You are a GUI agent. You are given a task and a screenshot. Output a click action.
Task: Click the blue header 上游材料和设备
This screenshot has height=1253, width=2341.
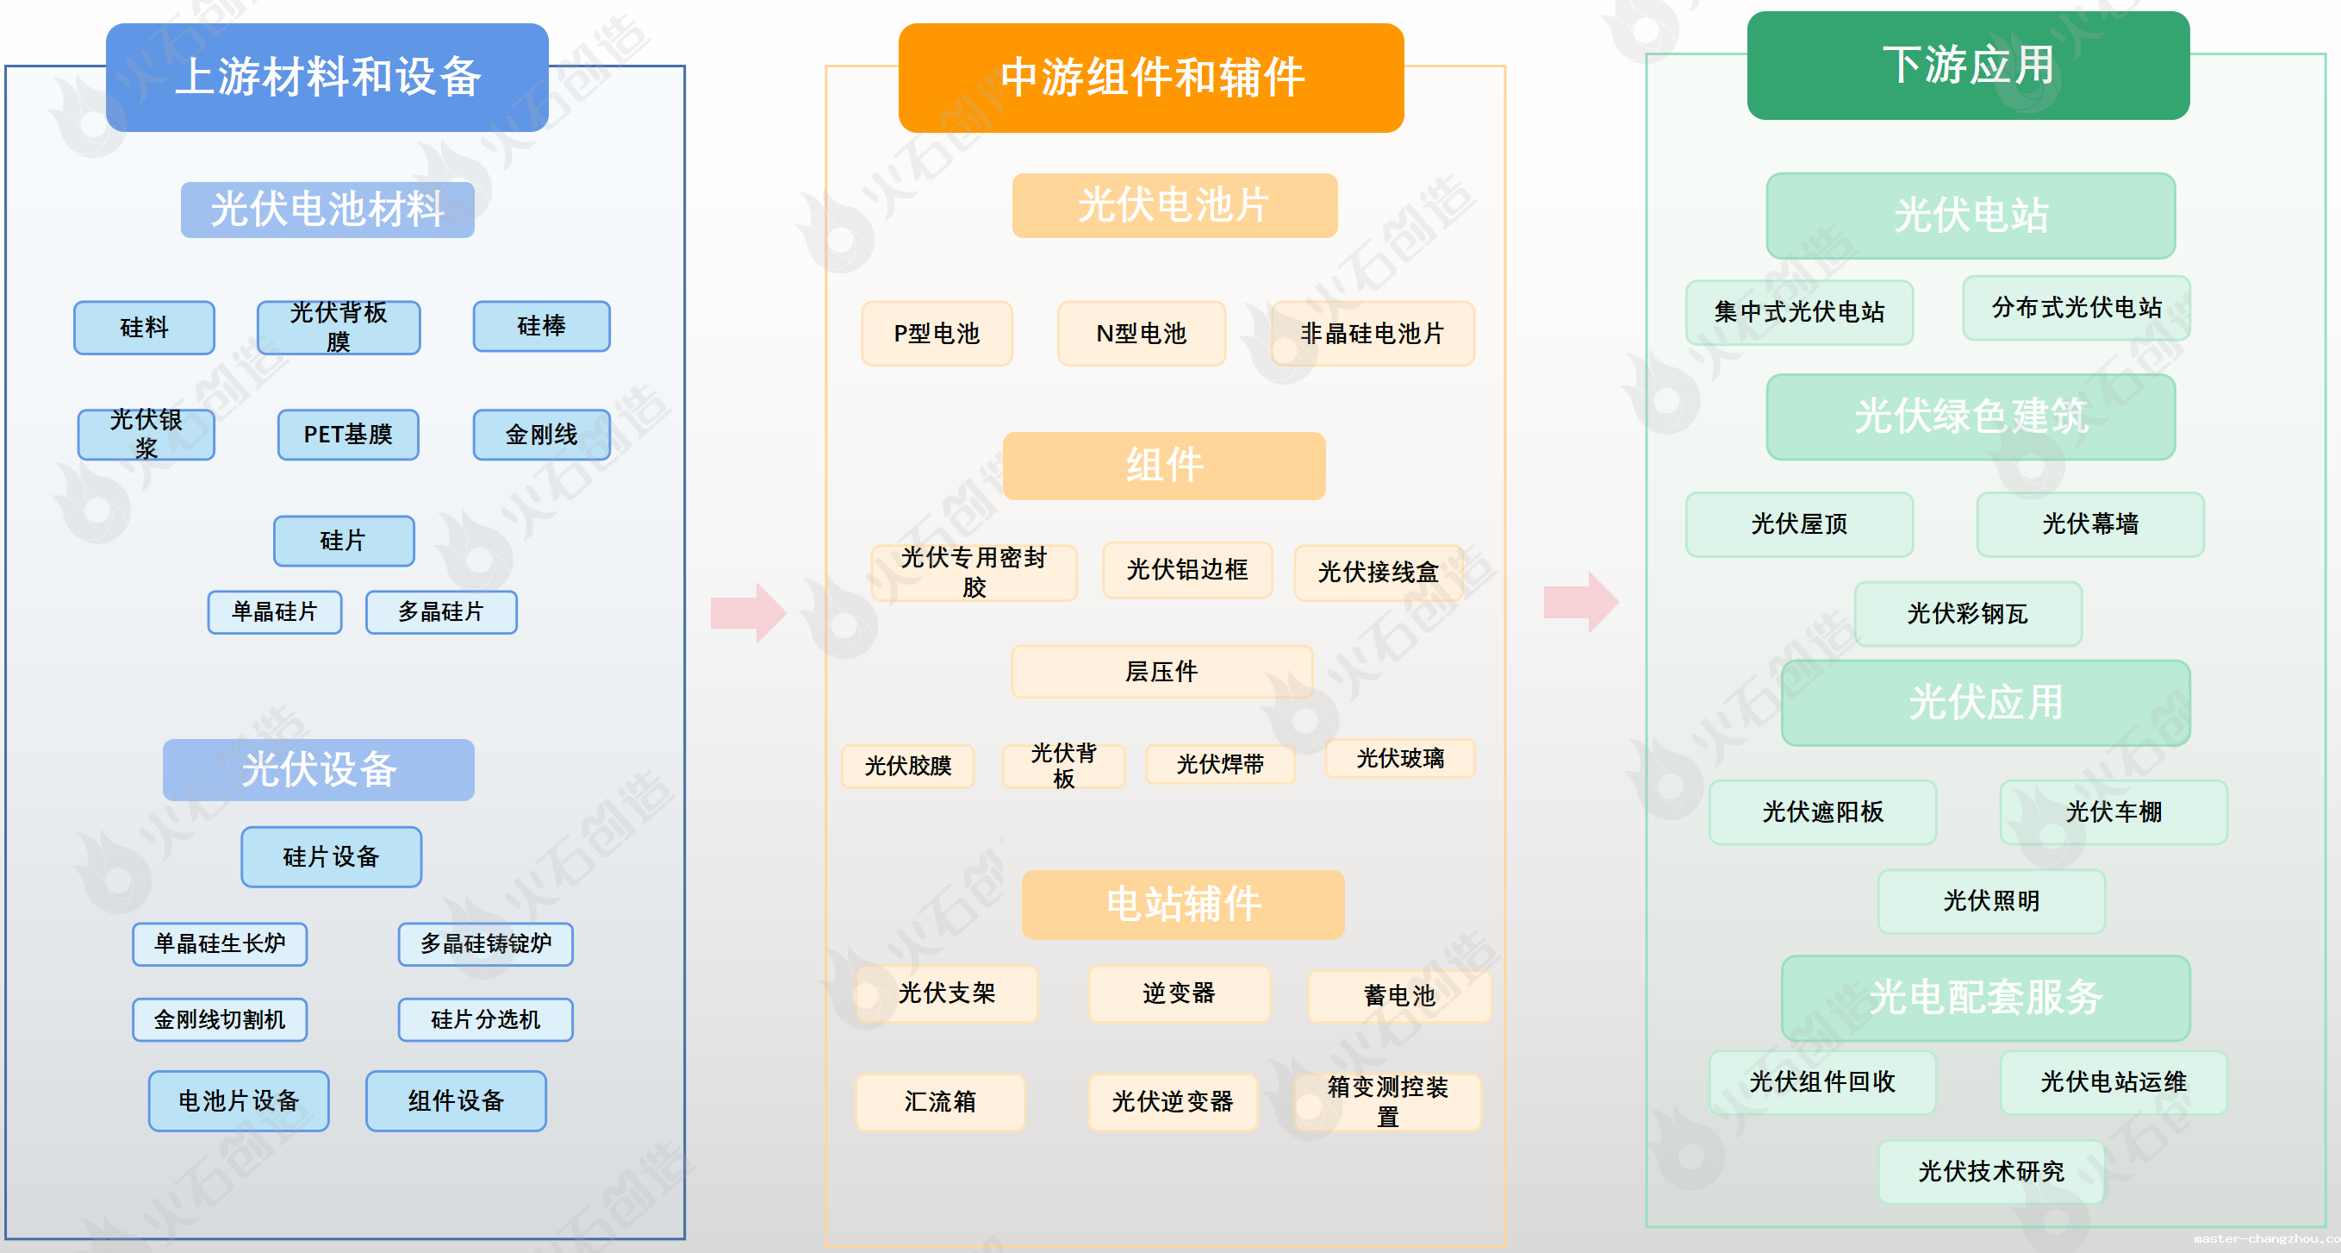tap(327, 78)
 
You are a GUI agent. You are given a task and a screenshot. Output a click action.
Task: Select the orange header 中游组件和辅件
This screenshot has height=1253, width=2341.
tap(1151, 78)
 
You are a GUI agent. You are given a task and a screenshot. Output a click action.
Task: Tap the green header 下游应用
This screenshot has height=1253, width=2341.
tap(1969, 66)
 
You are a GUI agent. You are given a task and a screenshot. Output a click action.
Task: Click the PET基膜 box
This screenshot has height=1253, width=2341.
tap(348, 435)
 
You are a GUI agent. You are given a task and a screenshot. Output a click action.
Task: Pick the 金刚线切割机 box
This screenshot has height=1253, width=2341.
tap(220, 1019)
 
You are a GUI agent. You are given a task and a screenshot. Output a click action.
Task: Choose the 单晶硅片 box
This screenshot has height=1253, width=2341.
tap(275, 612)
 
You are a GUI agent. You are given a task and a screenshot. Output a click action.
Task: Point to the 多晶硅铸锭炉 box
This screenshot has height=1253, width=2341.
tap(486, 943)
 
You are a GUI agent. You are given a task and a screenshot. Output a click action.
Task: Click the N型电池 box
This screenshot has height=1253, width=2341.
tap(1142, 334)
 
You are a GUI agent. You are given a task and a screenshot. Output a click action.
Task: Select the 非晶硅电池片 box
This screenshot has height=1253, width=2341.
tap(1373, 334)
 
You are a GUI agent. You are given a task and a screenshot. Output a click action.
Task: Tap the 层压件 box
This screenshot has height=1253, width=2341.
tap(1162, 672)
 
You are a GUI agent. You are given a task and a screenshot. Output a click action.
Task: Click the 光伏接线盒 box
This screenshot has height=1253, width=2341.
tap(1379, 572)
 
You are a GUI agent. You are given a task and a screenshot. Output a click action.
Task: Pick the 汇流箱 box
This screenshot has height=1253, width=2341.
tap(941, 1102)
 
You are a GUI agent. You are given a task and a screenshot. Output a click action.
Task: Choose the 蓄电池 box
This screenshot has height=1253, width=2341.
tap(1399, 996)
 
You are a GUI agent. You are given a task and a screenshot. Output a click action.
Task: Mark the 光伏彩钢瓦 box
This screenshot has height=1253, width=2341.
tap(1969, 614)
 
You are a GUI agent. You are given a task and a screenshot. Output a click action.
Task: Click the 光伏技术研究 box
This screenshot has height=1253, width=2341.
tap(1992, 1171)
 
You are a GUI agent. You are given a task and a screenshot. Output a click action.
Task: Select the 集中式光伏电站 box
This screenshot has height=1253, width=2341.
tap(1799, 312)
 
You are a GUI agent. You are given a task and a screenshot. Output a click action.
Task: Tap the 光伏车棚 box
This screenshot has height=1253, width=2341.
tap(2114, 812)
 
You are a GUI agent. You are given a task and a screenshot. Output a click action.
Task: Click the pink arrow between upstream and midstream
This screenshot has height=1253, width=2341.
tap(749, 613)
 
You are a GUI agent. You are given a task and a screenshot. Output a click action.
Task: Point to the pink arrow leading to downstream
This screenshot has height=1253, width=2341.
tap(1581, 602)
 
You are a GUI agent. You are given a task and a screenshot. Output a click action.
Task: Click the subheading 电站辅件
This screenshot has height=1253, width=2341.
tap(1183, 905)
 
